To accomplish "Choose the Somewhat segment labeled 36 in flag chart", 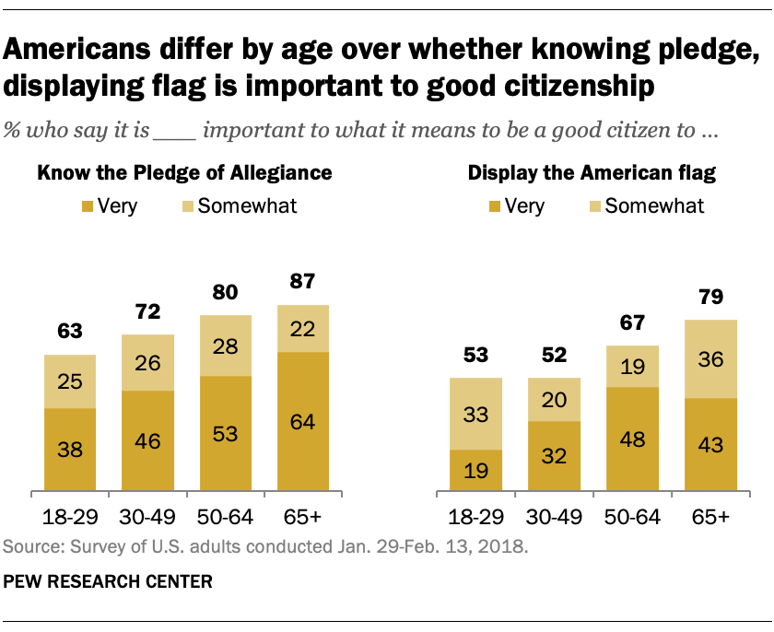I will click(x=710, y=359).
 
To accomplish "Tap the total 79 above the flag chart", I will click(x=710, y=298).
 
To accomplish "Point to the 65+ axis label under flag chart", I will click(x=710, y=518).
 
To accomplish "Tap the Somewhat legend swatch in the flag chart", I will click(x=595, y=205).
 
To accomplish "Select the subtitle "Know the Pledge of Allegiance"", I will click(x=184, y=172).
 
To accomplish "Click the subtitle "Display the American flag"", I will click(x=592, y=172).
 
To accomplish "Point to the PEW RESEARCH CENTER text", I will click(x=109, y=582).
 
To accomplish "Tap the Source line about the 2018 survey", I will click(x=266, y=547).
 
